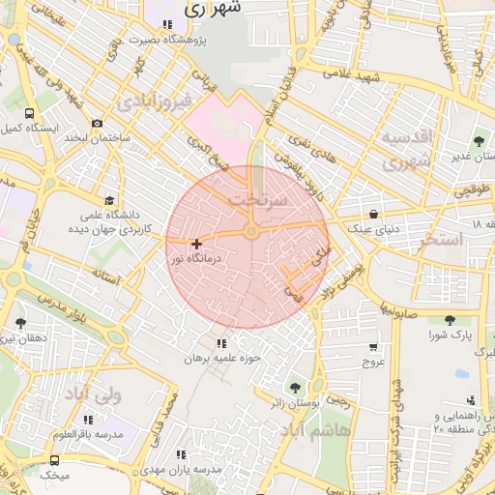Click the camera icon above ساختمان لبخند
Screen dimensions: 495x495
tap(97, 124)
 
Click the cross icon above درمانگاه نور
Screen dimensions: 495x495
tap(197, 245)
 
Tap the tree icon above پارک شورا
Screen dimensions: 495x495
tap(449, 320)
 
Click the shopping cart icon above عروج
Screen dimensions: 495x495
tap(373, 348)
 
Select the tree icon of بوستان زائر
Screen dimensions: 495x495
tap(295, 387)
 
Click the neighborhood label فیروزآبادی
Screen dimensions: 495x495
tap(155, 101)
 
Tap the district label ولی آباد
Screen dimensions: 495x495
tap(90, 394)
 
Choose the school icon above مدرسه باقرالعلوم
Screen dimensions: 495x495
tap(89, 420)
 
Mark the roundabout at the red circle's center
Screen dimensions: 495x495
tap(250, 232)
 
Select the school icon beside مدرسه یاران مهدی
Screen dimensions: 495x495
tap(181, 453)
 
